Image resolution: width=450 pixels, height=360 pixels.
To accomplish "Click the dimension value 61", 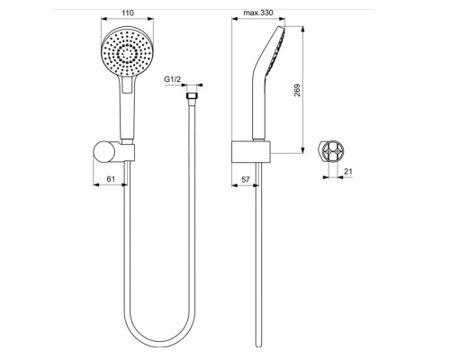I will (111, 179).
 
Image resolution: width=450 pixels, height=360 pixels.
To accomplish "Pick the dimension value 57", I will (246, 179).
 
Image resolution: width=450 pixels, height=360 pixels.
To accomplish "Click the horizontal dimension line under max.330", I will (261, 22).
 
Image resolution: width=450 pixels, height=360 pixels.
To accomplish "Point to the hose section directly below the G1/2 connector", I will (190, 180).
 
